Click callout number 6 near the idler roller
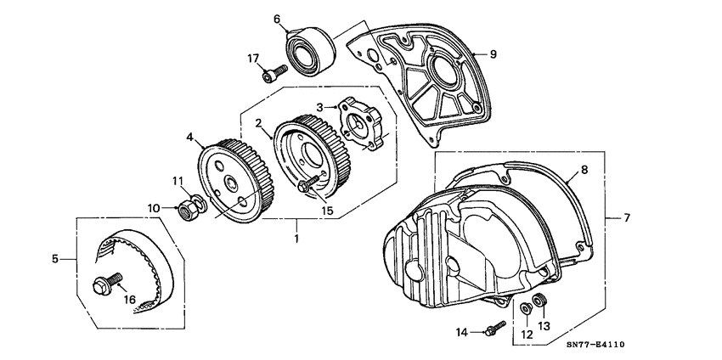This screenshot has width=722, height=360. (276, 19)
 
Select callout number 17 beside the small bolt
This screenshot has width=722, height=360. (253, 58)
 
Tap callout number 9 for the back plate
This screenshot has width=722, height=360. (493, 53)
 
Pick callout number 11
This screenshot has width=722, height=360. (179, 180)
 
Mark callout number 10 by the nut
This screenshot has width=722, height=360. (155, 206)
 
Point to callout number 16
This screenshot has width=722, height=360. (131, 299)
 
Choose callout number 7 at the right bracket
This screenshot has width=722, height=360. (627, 218)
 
